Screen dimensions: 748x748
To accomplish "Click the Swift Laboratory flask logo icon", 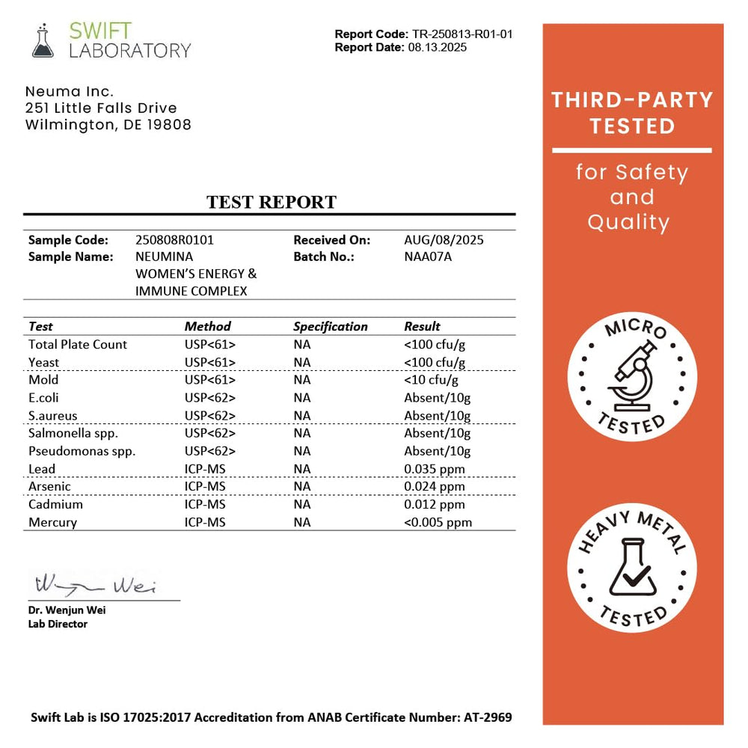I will [43, 40].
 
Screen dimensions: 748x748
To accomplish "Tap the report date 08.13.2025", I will [438, 47].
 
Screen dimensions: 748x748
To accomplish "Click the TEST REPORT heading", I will [271, 202].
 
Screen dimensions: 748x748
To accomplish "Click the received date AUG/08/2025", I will [444, 240].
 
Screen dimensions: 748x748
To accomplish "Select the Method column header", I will [207, 326].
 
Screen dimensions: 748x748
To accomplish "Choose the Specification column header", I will [330, 326].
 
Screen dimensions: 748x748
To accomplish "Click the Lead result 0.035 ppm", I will [434, 469].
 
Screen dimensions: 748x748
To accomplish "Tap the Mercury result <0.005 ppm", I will [438, 522].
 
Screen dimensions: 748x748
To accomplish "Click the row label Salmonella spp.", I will [73, 433].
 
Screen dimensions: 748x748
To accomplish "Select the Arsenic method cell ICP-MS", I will [205, 487].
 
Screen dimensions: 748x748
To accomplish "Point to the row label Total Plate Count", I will [78, 344].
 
